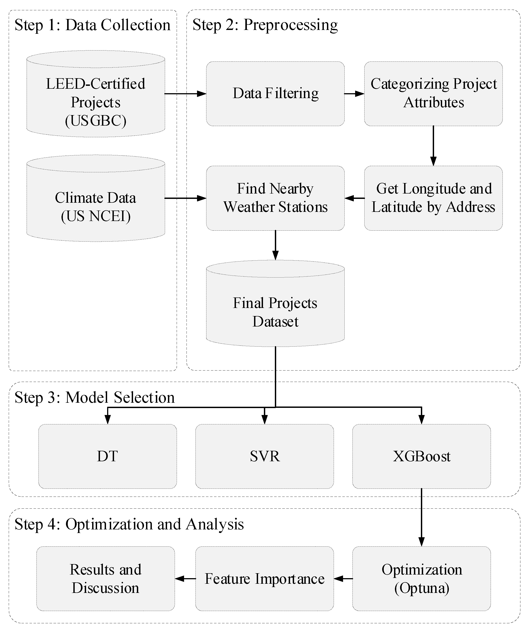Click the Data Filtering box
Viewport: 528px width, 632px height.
(x=275, y=94)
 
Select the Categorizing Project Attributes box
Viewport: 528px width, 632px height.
(x=433, y=94)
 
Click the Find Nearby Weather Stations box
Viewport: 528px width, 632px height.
(x=275, y=198)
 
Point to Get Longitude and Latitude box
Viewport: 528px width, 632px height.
(x=433, y=198)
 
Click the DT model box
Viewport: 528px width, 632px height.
(x=108, y=456)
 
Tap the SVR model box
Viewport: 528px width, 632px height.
(x=265, y=456)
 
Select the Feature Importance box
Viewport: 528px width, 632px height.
(x=265, y=578)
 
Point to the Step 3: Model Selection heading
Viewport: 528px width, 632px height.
(x=95, y=397)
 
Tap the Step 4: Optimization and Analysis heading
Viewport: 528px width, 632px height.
(x=129, y=524)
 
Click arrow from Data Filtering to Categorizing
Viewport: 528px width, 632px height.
(x=354, y=94)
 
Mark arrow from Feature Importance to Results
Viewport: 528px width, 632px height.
(x=185, y=578)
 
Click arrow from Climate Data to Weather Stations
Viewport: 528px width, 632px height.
(x=185, y=198)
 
